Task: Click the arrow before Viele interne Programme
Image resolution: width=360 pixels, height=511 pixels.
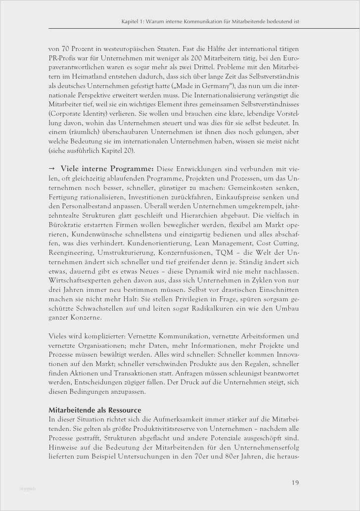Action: tap(52, 169)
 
